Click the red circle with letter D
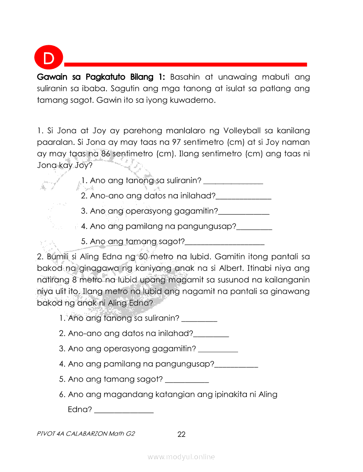[x=48, y=58]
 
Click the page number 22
[x=181, y=435]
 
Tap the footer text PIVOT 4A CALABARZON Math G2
[x=86, y=434]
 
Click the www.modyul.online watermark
[x=181, y=457]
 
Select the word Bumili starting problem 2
[x=60, y=256]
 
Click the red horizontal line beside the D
[x=185, y=64]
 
